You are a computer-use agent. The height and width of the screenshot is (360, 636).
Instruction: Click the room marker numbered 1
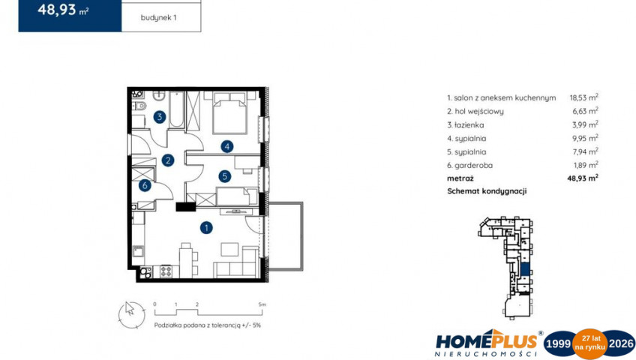206,228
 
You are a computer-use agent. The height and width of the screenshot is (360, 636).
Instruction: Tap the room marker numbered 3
160,117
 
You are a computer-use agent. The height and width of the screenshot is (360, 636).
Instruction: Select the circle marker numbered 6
145,186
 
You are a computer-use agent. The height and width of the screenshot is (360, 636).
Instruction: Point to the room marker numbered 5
224,176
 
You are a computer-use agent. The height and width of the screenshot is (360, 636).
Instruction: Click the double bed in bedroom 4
229,112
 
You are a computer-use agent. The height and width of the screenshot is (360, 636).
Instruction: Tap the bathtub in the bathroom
176,109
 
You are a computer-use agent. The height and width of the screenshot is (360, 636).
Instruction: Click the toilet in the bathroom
139,106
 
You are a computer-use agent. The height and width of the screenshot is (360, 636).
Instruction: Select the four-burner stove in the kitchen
166,271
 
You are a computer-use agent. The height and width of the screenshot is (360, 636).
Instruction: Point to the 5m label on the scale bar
262,304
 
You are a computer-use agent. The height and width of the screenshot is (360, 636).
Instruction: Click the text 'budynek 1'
158,18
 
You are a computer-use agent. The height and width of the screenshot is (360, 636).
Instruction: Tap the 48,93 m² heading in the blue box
63,10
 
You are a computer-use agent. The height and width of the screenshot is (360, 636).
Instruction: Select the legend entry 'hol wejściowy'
475,112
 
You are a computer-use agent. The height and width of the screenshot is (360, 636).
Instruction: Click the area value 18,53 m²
583,97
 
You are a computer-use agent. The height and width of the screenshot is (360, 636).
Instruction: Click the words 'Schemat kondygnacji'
487,191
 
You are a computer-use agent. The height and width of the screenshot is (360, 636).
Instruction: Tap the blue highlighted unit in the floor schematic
524,268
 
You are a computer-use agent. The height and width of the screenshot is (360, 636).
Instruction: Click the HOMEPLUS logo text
486,341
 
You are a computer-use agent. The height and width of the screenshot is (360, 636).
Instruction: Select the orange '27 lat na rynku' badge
589,343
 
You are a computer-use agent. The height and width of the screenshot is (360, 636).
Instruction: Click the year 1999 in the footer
559,344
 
